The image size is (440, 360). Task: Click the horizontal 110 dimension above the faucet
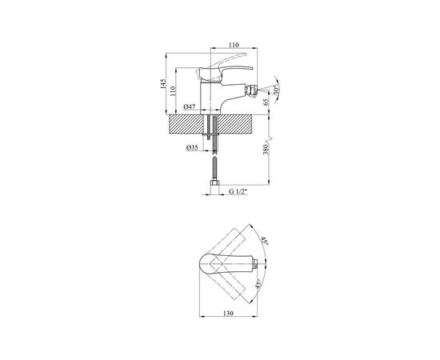pyautogui.click(x=234, y=45)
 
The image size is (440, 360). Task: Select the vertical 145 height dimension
pyautogui.click(x=163, y=84)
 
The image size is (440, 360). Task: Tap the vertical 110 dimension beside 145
pyautogui.click(x=173, y=90)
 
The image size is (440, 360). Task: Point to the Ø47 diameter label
pyautogui.click(x=190, y=106)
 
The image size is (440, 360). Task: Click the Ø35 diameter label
pyautogui.click(x=192, y=147)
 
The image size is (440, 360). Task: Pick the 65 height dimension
pyautogui.click(x=266, y=102)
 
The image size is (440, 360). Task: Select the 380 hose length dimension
pyautogui.click(x=266, y=150)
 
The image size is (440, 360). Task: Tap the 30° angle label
pyautogui.click(x=276, y=90)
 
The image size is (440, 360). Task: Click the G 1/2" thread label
pyautogui.click(x=238, y=192)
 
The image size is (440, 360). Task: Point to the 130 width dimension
pyautogui.click(x=229, y=313)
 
